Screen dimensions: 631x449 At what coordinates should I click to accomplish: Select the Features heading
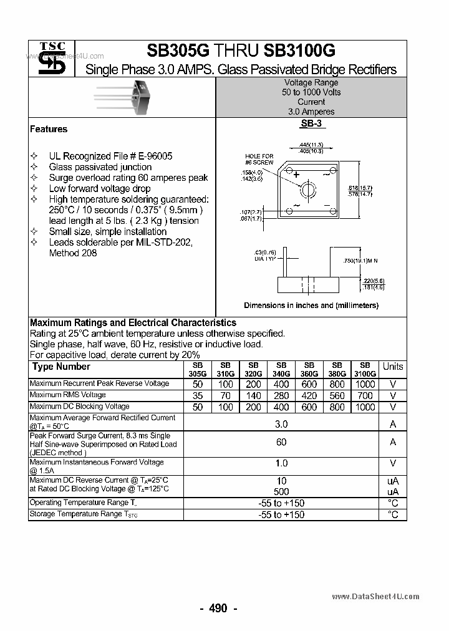[x=49, y=129]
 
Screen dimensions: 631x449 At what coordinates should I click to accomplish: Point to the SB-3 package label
[x=311, y=124]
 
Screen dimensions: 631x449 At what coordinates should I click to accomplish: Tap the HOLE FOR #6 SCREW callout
[x=259, y=159]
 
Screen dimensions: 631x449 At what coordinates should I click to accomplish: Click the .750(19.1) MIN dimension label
[x=361, y=260]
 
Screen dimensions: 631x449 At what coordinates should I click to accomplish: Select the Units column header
[x=393, y=367]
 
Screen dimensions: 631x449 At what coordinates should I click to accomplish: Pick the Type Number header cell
[x=61, y=367]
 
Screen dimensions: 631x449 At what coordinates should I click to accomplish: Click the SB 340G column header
[x=281, y=369]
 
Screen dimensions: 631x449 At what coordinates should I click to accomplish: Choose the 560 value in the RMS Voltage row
[x=337, y=395]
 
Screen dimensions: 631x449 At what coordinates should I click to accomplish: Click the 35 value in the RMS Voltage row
[x=198, y=395]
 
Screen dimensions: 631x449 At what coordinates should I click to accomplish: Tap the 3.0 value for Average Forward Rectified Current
[x=281, y=424]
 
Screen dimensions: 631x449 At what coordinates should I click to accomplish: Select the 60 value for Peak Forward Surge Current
[x=281, y=442]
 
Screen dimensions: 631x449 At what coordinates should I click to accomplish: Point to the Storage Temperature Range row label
[x=84, y=514]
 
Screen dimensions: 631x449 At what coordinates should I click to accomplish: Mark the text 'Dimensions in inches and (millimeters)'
[x=311, y=306]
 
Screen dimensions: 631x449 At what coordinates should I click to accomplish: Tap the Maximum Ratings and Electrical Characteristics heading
[x=133, y=323]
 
